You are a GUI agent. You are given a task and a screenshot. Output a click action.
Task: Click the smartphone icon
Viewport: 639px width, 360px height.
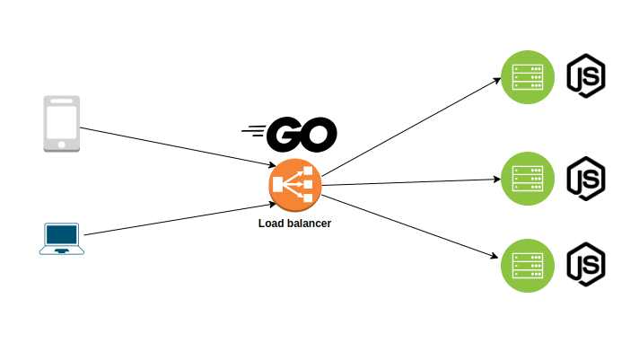click(x=61, y=123)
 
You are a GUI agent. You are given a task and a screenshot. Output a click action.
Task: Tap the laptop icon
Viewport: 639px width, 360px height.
click(x=61, y=239)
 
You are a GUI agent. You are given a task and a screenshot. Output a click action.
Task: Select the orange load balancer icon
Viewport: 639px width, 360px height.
click(x=294, y=186)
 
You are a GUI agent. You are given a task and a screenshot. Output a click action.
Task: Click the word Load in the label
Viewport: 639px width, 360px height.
click(x=271, y=223)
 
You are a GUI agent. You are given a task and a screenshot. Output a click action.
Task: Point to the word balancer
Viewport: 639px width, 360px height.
click(x=309, y=223)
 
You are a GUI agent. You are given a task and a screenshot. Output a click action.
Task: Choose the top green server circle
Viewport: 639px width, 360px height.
click(x=527, y=76)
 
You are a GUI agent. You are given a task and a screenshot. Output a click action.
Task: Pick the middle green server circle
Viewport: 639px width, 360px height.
click(x=527, y=179)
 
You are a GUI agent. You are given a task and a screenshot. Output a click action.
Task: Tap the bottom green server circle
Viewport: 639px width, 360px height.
click(x=527, y=265)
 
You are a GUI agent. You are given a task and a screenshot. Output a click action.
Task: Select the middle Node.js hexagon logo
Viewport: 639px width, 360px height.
click(x=585, y=178)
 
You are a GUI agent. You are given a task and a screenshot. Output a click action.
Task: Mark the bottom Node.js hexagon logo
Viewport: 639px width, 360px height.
click(x=585, y=264)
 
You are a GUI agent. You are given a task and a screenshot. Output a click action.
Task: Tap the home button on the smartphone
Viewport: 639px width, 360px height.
click(x=61, y=144)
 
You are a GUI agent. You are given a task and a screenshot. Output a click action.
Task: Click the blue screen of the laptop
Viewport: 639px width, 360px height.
click(x=61, y=234)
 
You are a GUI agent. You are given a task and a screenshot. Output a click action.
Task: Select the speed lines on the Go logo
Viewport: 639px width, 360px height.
click(x=254, y=134)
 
